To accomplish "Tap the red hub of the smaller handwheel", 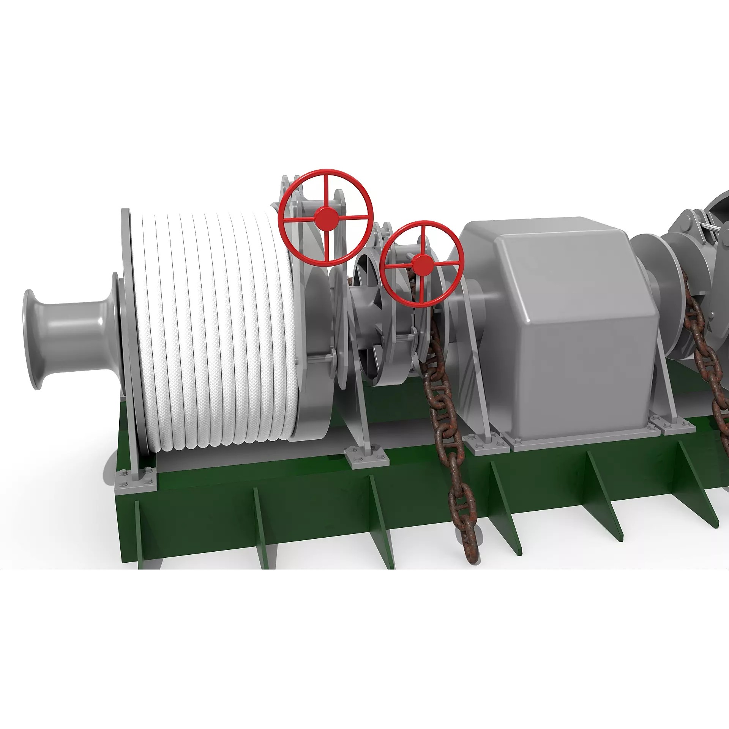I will pos(421,265).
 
